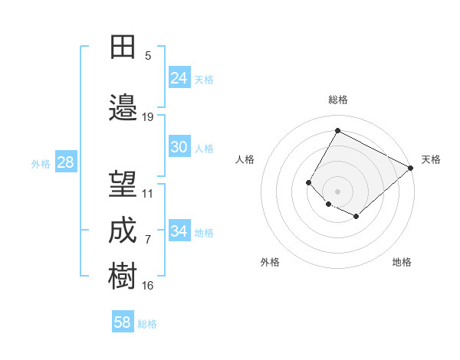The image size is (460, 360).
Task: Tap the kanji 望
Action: (x=123, y=184)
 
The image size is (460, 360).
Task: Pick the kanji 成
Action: (x=123, y=231)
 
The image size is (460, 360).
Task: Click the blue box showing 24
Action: (x=179, y=78)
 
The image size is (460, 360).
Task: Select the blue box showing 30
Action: (x=179, y=147)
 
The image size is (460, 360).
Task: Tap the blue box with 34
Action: (x=179, y=231)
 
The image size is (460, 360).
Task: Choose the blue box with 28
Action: (x=65, y=162)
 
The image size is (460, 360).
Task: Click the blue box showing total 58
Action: (x=123, y=322)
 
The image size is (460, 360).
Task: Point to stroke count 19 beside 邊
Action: (x=148, y=117)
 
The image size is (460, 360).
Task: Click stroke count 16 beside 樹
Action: (x=148, y=286)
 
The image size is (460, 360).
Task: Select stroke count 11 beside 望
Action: (x=148, y=194)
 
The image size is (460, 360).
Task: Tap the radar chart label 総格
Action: (x=338, y=100)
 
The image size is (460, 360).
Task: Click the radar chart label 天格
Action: (x=431, y=159)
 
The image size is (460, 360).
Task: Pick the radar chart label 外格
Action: (x=270, y=262)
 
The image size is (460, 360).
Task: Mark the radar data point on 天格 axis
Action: (x=411, y=169)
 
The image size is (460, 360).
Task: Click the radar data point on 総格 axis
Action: (x=337, y=130)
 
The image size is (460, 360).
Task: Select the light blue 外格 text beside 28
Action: (x=41, y=163)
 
